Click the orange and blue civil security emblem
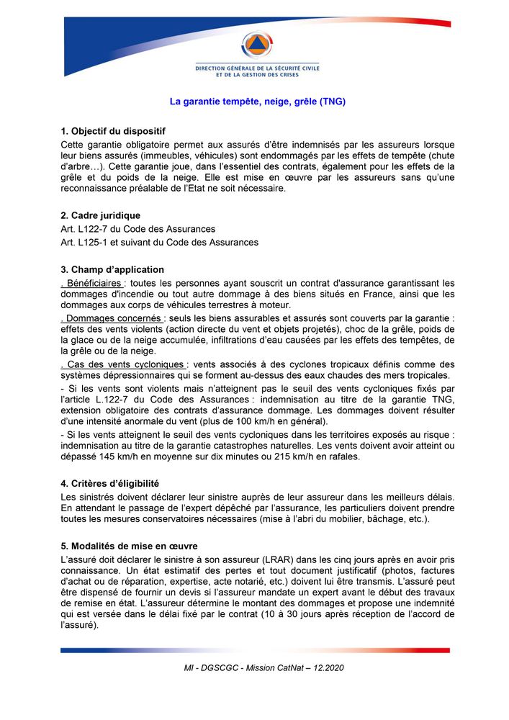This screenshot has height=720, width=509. (x=257, y=45)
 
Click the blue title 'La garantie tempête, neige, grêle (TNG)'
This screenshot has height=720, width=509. (x=257, y=102)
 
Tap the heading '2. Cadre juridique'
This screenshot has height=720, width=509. (x=101, y=215)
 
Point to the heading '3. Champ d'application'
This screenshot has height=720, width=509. (x=112, y=270)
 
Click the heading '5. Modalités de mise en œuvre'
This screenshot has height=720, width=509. (x=129, y=546)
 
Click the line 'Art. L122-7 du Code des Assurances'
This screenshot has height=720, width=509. (x=138, y=229)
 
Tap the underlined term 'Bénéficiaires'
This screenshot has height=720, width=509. (x=93, y=283)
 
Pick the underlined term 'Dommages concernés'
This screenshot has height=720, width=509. (x=113, y=318)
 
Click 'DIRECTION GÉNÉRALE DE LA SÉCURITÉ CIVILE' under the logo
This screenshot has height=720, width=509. (x=257, y=68)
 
